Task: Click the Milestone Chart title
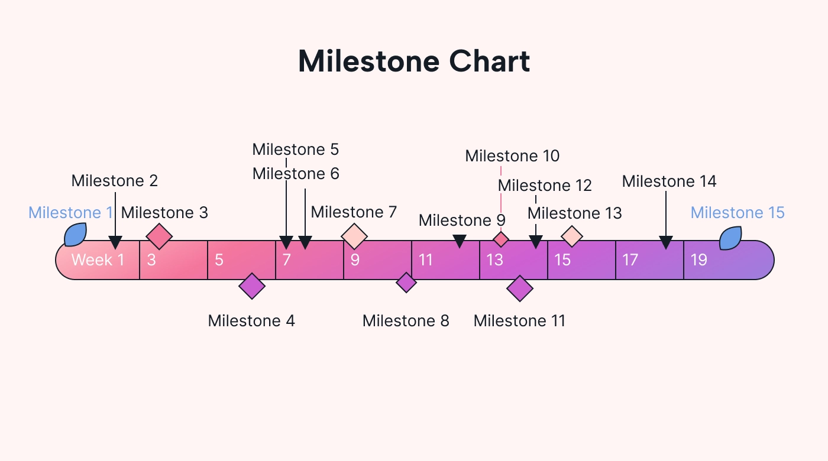point(414,61)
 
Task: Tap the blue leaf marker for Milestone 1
point(76,235)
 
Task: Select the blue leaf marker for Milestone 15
point(730,238)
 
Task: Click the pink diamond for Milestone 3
point(159,236)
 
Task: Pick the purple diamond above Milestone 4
point(252,286)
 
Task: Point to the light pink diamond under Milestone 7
point(354,236)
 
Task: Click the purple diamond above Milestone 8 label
point(406,283)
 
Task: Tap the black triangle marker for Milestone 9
point(460,241)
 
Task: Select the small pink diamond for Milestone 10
point(501,239)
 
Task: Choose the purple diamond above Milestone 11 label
point(520,288)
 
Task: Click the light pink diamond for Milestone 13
point(572,236)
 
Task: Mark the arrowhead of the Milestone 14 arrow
point(666,242)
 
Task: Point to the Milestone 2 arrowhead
point(115,242)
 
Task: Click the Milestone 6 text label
point(296,174)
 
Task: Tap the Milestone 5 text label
point(296,150)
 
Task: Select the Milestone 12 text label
point(545,186)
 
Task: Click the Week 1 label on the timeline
point(98,260)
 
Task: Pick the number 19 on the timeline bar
point(699,260)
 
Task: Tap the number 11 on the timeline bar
point(426,260)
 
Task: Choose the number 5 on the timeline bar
point(219,260)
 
